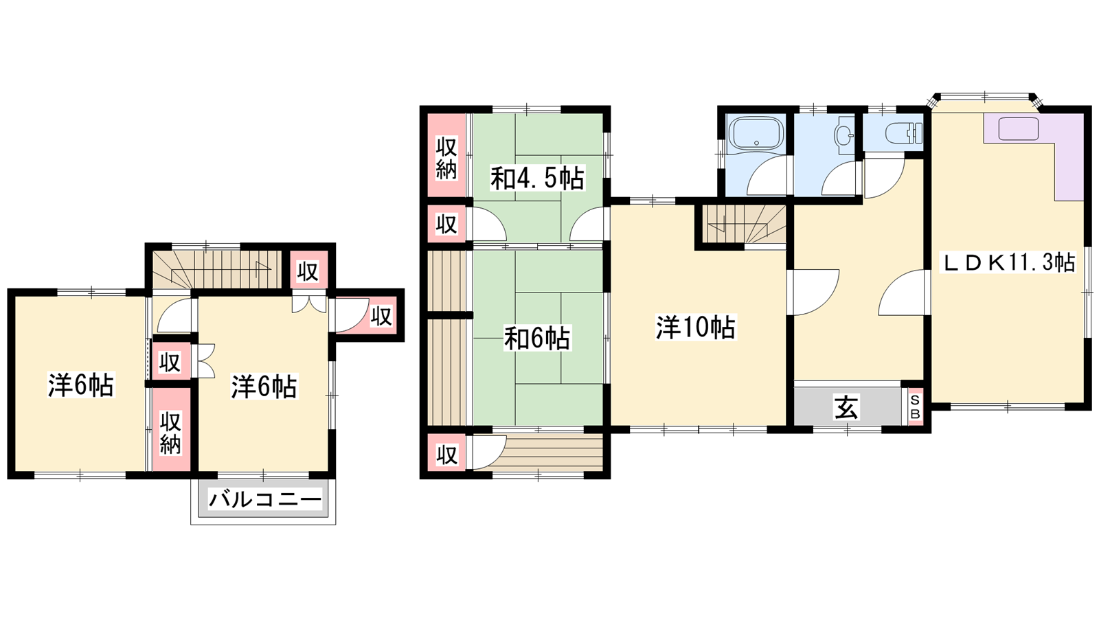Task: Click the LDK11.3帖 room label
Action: click(1008, 262)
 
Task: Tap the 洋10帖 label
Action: click(696, 328)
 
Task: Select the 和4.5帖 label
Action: click(537, 179)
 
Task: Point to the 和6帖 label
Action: click(537, 339)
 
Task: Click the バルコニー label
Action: click(265, 501)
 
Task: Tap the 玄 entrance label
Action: click(847, 407)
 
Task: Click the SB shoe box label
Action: click(916, 407)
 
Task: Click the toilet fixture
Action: click(904, 133)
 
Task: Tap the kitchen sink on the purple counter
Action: click(1018, 129)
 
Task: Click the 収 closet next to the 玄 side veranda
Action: click(446, 455)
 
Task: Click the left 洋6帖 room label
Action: click(81, 385)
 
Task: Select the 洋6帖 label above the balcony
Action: click(264, 387)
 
